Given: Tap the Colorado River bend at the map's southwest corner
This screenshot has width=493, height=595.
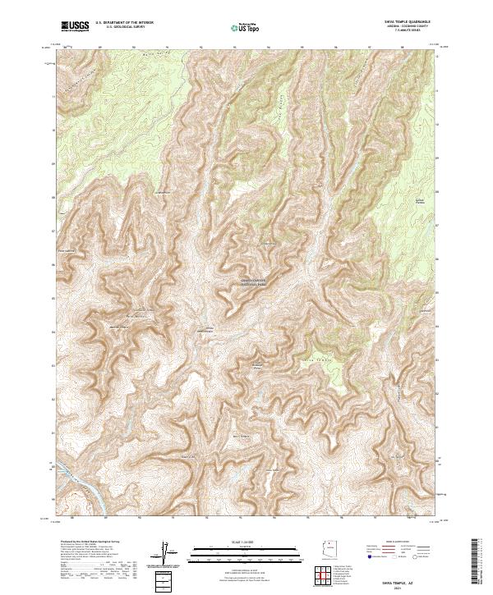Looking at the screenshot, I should pos(82,484).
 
